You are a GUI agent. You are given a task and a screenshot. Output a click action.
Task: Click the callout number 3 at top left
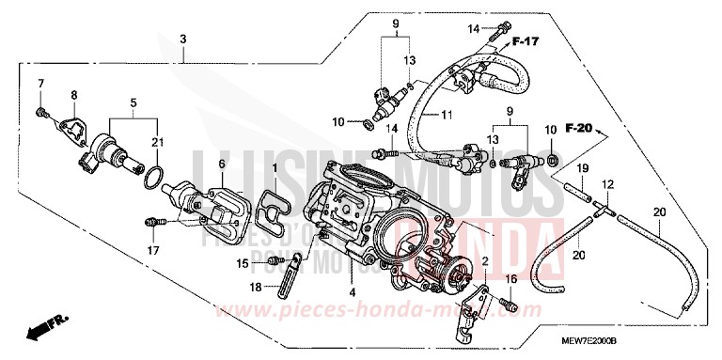pos(183,38)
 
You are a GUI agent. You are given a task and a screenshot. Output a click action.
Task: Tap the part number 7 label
pos(40,85)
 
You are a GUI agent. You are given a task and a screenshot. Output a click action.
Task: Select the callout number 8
pos(73,95)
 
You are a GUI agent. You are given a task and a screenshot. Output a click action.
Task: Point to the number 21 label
pos(158,140)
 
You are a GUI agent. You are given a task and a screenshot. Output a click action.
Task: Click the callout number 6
pos(222,164)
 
